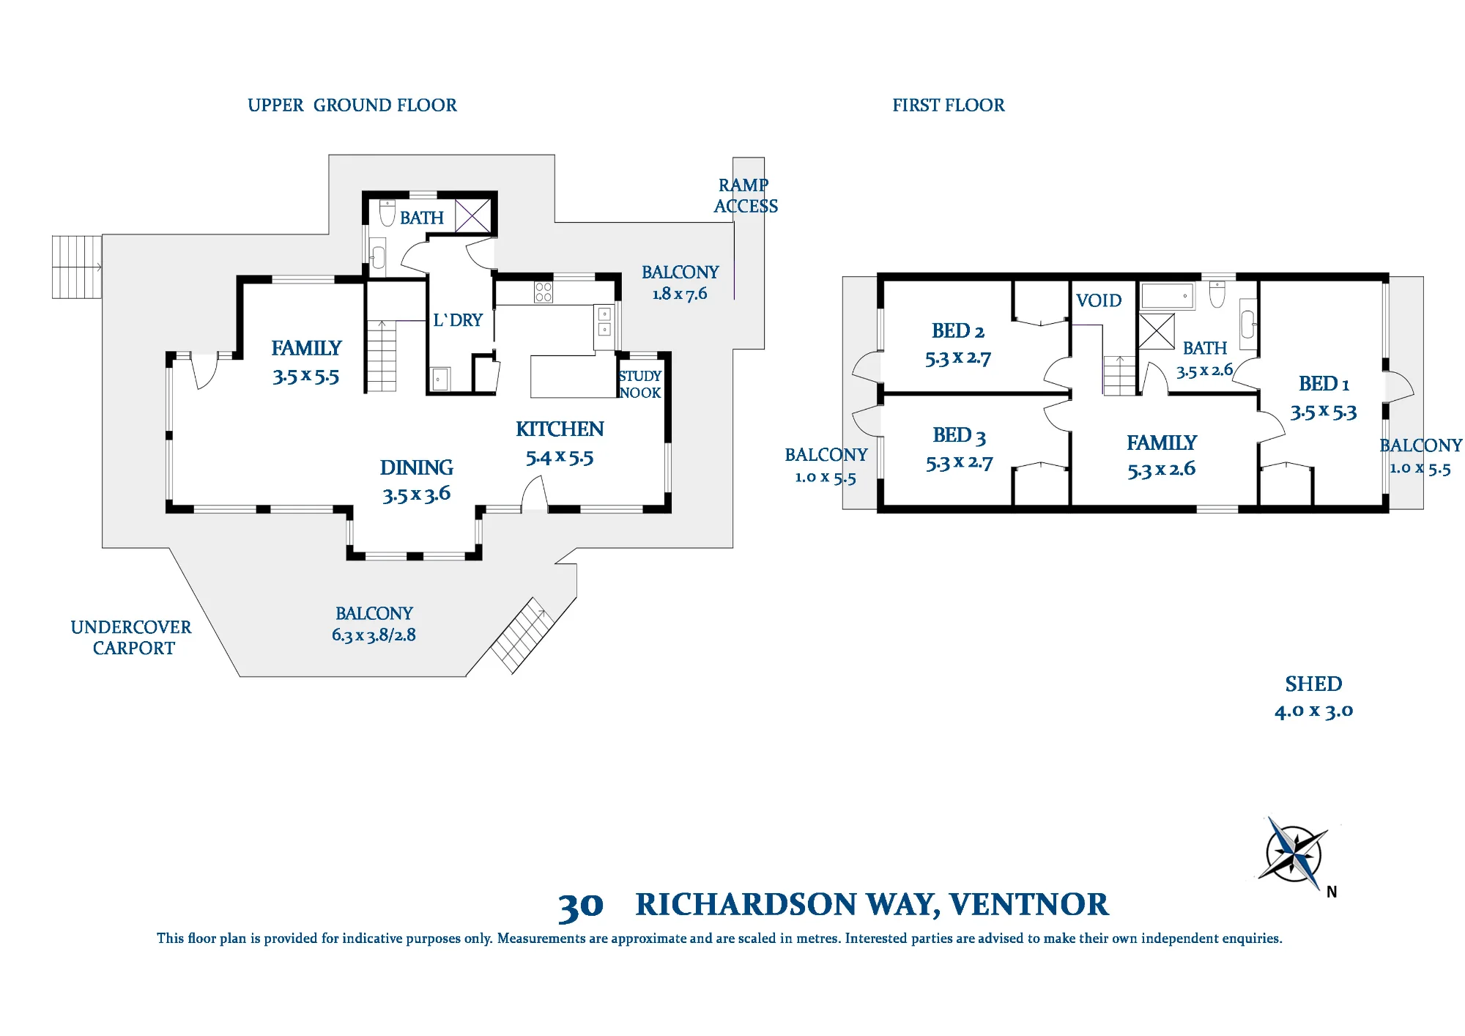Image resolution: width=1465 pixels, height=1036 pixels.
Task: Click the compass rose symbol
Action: pos(1294,854)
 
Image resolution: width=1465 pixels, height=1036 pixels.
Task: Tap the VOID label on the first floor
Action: pos(1099,300)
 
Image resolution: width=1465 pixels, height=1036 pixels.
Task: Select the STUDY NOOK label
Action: pos(640,385)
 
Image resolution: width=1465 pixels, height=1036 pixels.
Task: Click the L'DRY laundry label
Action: pos(458,320)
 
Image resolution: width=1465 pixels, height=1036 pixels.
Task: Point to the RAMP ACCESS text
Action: pos(746,196)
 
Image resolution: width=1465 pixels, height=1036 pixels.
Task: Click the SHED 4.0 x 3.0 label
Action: pos(1313,697)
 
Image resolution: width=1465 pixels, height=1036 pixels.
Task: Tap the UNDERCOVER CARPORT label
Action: pos(131,637)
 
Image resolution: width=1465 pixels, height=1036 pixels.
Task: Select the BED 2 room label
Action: pos(958,331)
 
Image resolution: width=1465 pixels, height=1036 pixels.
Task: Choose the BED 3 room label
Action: pos(960,436)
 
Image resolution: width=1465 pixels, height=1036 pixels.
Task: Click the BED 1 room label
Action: pos(1324,384)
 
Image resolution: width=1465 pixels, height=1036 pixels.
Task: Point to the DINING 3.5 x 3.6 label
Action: pos(416,481)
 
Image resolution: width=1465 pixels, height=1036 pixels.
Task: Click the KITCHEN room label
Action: pos(560,429)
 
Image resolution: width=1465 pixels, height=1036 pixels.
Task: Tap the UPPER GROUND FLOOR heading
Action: pos(352,106)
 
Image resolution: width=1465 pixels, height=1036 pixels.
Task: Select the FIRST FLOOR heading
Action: pos(949,106)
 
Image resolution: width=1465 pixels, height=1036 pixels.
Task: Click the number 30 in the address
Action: pos(581,906)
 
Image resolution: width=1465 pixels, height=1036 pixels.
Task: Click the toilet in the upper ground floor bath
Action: pos(387,212)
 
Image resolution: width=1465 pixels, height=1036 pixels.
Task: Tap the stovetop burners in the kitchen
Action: pos(544,292)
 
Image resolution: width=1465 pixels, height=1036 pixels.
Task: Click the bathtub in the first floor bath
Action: pos(1168,296)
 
